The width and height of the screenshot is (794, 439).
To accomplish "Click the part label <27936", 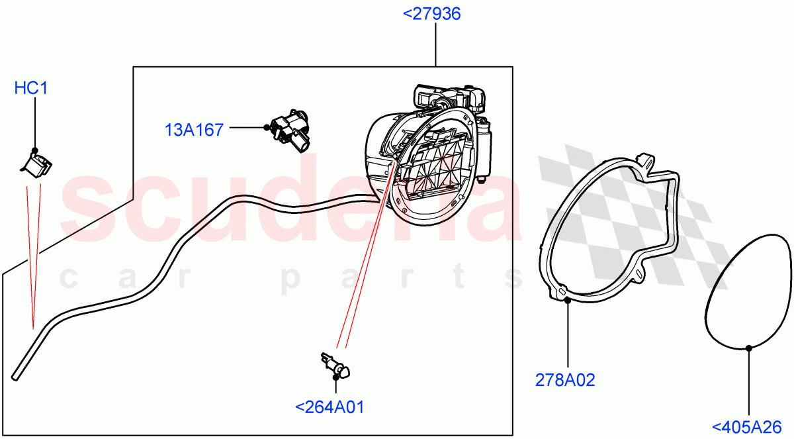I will click(435, 14).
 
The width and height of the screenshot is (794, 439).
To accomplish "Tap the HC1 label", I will click(31, 88).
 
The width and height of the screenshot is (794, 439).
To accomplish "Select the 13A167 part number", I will click(194, 130).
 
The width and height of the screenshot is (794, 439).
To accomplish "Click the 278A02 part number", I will click(565, 380).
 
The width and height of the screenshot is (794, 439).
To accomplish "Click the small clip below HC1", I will click(38, 165).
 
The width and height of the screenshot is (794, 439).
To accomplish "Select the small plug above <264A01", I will click(336, 365).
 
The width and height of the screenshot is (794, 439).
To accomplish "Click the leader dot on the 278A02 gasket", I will click(568, 299).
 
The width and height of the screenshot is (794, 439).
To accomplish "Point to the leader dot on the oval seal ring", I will click(748, 348).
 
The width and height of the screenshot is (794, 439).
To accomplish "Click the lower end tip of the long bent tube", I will click(15, 378).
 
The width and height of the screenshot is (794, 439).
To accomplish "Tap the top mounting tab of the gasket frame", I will click(646, 160).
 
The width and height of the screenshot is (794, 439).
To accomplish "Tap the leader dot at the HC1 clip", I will click(35, 150).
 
